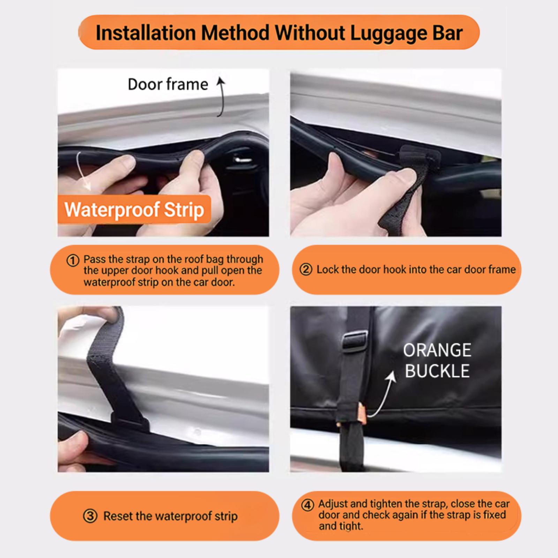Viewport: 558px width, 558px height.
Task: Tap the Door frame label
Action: point(168,84)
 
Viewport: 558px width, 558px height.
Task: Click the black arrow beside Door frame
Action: point(220,97)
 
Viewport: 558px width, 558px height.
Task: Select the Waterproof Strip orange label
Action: point(134,210)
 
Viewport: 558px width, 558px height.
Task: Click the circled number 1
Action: point(73,261)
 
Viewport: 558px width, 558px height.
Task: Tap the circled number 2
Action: point(306,270)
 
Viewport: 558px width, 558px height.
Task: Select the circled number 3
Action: point(90,516)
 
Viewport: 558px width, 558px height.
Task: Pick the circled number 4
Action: point(307,505)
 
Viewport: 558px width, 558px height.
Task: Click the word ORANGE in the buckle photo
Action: point(437,350)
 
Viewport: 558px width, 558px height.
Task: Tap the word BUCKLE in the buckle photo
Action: point(437,371)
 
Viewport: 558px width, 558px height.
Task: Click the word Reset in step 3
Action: point(117,516)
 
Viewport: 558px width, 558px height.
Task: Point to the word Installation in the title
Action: point(145,33)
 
